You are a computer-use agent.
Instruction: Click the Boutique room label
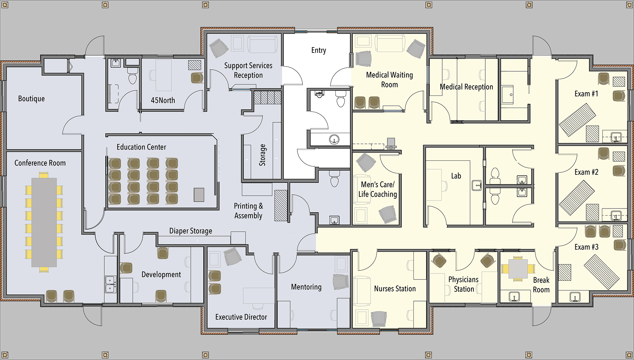31,99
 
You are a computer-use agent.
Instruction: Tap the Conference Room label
40,163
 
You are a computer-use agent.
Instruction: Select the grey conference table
44,222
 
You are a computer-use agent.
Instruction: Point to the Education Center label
141,147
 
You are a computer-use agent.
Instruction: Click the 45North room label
163,100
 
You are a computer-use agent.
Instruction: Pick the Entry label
319,50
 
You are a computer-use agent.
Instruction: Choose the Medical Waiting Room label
390,80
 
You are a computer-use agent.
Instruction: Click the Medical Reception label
466,87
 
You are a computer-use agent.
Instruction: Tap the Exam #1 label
586,94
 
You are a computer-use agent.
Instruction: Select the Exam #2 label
586,172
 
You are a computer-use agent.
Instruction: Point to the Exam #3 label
586,247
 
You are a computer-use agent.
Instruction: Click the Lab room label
456,176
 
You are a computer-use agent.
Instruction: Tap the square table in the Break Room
518,269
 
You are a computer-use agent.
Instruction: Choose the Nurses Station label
395,289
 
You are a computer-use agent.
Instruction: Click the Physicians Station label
463,284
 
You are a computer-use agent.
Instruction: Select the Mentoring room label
306,287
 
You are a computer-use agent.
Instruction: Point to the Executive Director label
241,317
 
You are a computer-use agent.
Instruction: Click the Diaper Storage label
191,231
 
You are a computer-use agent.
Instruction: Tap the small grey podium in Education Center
199,195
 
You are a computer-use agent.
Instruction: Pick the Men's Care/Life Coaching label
378,190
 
